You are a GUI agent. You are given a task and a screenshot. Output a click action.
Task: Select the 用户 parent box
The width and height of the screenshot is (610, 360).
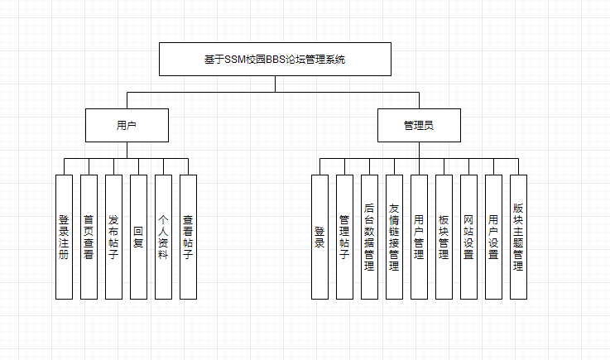pyautogui.click(x=127, y=126)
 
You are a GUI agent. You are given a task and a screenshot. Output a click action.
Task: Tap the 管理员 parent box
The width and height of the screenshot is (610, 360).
pyautogui.click(x=419, y=126)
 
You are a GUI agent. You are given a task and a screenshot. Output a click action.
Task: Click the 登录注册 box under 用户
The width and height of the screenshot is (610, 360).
pyautogui.click(x=64, y=237)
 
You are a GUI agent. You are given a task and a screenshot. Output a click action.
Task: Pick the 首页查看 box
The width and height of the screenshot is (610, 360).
pyautogui.click(x=89, y=237)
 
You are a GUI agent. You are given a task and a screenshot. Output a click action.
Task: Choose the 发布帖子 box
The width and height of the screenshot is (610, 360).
pyautogui.click(x=113, y=237)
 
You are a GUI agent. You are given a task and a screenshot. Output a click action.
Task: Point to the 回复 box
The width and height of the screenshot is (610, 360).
pyautogui.click(x=138, y=237)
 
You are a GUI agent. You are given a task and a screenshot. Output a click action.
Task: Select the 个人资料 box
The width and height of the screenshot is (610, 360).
pyautogui.click(x=163, y=237)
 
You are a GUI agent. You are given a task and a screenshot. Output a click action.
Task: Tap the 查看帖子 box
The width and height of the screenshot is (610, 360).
pyautogui.click(x=188, y=237)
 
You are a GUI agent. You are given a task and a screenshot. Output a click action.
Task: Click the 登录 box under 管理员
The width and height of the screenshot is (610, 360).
pyautogui.click(x=319, y=237)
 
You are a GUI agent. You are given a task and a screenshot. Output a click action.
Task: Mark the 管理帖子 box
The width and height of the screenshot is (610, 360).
pyautogui.click(x=344, y=237)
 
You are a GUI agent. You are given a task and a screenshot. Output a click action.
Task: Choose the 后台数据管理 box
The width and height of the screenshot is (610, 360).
pyautogui.click(x=369, y=237)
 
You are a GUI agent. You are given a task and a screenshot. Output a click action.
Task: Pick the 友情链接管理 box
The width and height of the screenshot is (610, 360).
pyautogui.click(x=394, y=237)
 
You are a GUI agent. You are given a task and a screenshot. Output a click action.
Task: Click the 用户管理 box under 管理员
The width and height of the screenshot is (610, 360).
pyautogui.click(x=419, y=237)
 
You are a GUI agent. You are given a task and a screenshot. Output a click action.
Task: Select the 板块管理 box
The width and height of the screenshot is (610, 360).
pyautogui.click(x=444, y=237)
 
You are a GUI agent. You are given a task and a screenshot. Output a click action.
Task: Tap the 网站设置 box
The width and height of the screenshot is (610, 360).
pyautogui.click(x=468, y=237)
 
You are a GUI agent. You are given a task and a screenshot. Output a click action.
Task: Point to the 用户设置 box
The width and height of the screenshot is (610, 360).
pyautogui.click(x=493, y=237)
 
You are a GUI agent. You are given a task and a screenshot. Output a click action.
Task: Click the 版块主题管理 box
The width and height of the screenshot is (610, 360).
pyautogui.click(x=518, y=237)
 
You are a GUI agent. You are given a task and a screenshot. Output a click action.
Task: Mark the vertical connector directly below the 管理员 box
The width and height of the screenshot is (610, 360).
pyautogui.click(x=419, y=150)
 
